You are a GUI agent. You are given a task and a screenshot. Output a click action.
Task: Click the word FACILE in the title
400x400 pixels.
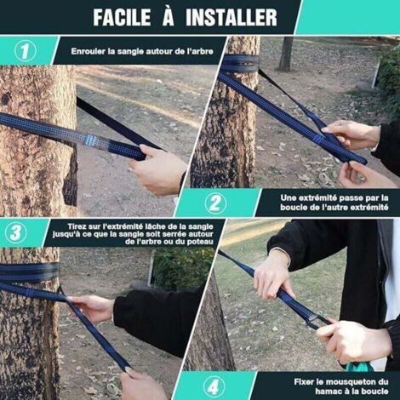[123, 17]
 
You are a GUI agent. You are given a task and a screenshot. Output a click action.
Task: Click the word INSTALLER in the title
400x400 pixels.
[231, 17]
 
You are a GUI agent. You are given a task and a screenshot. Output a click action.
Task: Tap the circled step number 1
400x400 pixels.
[25, 51]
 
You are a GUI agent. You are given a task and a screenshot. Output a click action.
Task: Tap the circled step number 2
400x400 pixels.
[215, 203]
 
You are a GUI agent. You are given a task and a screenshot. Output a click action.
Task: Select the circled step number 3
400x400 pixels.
[16, 232]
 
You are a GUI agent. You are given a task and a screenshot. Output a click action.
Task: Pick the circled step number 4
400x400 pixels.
[214, 386]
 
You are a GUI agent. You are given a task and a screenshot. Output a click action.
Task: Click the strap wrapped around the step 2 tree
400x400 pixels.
[240, 65]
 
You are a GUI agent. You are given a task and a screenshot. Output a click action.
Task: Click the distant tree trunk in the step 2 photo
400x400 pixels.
[286, 54]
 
